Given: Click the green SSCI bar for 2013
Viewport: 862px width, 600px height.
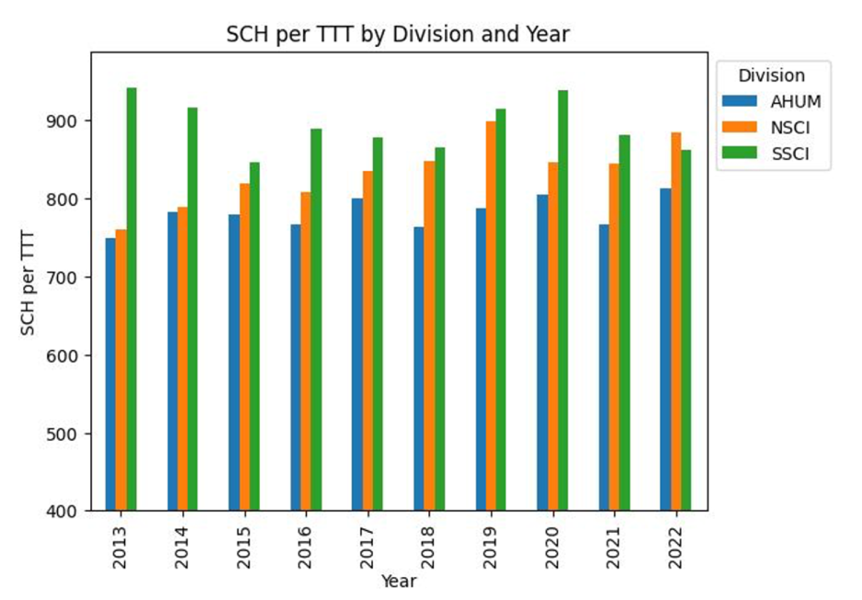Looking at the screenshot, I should pyautogui.click(x=132, y=299).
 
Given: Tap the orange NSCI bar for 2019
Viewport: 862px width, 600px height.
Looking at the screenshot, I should pyautogui.click(x=491, y=316).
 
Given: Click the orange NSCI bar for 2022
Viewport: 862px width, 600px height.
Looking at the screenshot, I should pyautogui.click(x=676, y=322).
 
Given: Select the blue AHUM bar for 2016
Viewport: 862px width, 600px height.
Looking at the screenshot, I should pyautogui.click(x=295, y=367).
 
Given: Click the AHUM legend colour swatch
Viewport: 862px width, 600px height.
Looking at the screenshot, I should pyautogui.click(x=740, y=101).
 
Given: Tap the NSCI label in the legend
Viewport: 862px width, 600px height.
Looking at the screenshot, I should pyautogui.click(x=791, y=127).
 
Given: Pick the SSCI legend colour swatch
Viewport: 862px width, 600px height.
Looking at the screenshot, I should pyautogui.click(x=740, y=153).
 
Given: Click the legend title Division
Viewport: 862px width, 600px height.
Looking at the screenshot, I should pyautogui.click(x=771, y=76).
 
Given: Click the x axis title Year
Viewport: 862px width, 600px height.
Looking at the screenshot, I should pyautogui.click(x=398, y=581).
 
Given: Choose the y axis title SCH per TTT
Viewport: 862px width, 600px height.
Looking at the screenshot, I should pyautogui.click(x=28, y=283).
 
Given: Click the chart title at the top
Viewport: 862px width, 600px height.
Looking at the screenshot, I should pyautogui.click(x=398, y=34).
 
